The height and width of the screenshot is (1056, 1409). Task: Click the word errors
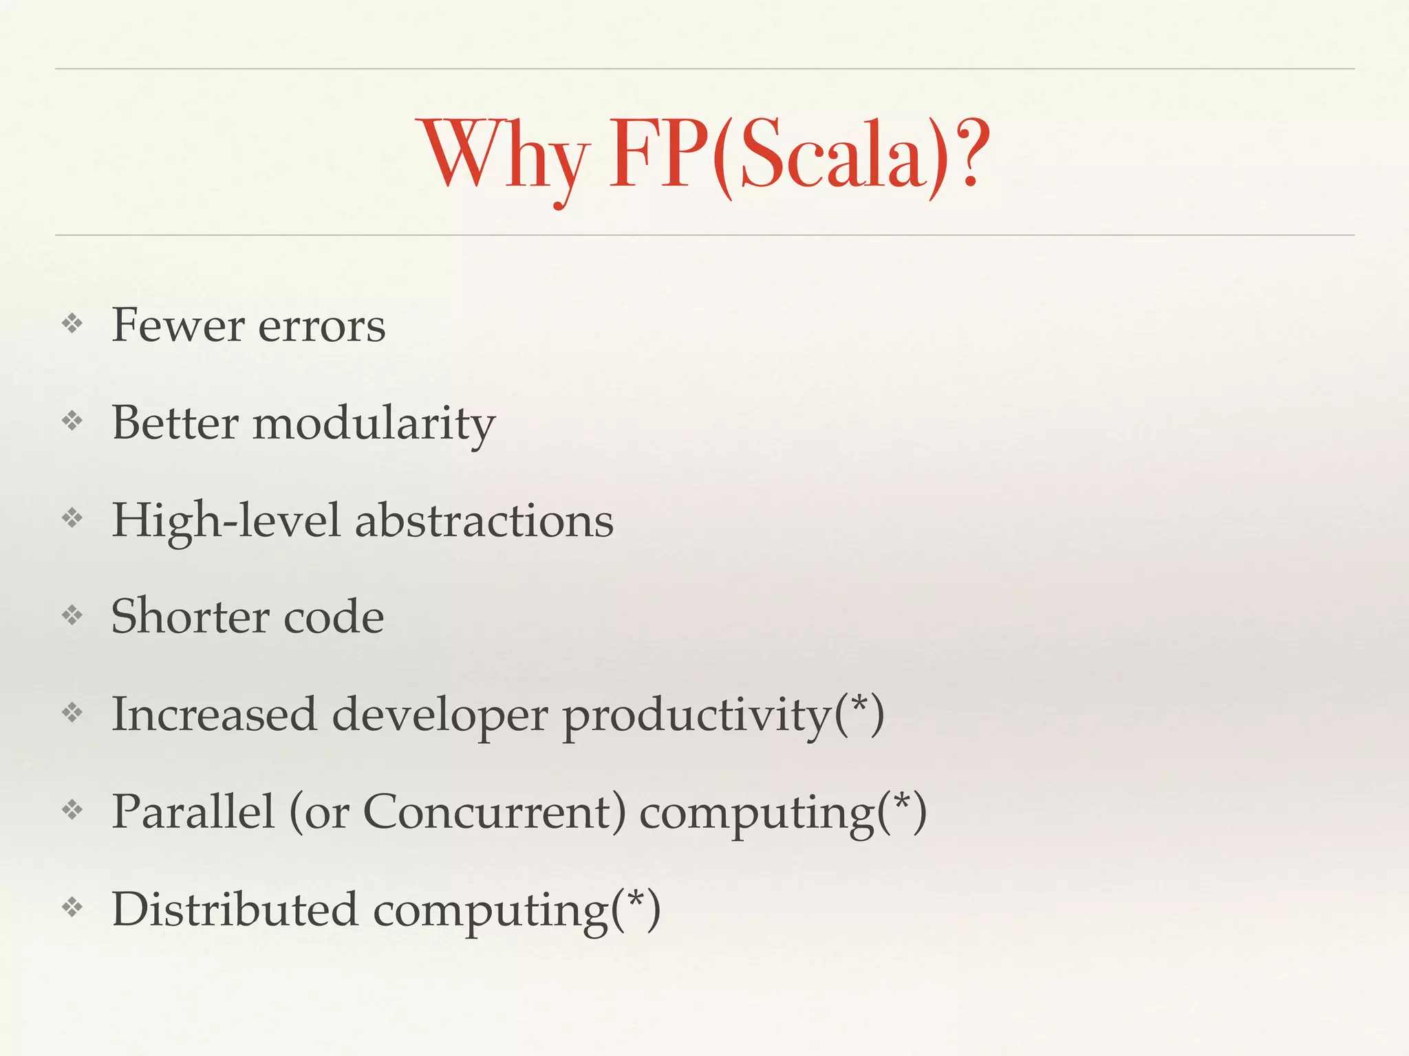[321, 327]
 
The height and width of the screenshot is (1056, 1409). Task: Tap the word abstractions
[484, 520]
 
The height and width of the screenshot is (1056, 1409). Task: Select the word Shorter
[189, 617]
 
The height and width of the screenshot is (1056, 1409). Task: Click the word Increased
[214, 714]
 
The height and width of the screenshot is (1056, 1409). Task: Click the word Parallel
[193, 812]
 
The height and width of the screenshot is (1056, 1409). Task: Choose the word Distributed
[235, 910]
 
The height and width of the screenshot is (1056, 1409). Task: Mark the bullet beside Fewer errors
[72, 323]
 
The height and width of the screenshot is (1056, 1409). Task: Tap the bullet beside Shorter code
[72, 615]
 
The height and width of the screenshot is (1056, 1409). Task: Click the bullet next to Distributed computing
[72, 907]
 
